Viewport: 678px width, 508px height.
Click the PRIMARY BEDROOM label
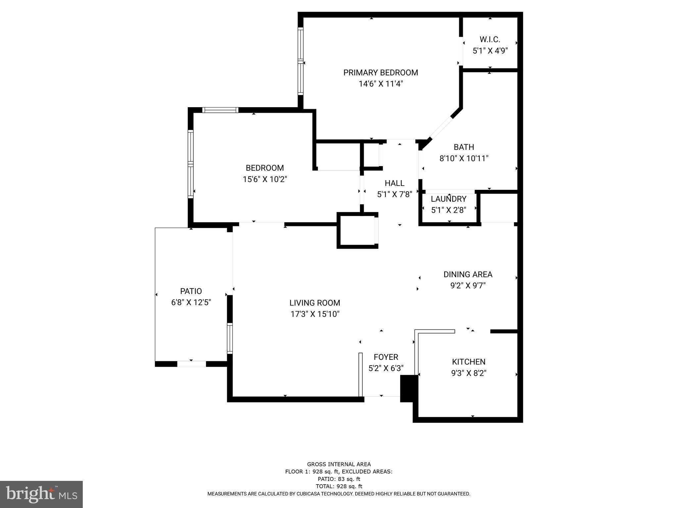point(380,73)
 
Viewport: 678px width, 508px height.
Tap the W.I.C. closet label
point(490,40)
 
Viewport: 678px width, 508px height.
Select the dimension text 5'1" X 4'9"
point(490,51)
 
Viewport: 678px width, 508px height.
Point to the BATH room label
point(463,147)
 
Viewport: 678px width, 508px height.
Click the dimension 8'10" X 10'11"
point(464,159)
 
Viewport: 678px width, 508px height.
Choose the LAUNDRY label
point(448,199)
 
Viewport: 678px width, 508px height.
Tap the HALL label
point(394,183)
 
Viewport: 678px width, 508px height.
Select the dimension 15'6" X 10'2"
point(265,179)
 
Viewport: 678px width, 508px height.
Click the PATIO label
point(191,291)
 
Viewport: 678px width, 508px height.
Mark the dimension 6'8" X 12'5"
point(191,303)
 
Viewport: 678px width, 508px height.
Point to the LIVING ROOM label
point(315,303)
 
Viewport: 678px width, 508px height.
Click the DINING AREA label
point(468,275)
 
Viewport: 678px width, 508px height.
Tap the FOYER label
point(386,357)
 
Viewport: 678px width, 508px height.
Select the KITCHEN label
point(468,362)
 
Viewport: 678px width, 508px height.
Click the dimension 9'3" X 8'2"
point(468,373)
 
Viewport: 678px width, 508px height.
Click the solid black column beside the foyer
point(409,388)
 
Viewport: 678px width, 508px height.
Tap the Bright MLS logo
point(41,494)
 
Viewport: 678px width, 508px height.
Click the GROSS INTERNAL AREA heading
point(339,464)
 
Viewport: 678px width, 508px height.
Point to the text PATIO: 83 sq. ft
point(339,479)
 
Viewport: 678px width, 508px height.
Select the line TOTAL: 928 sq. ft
point(339,486)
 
